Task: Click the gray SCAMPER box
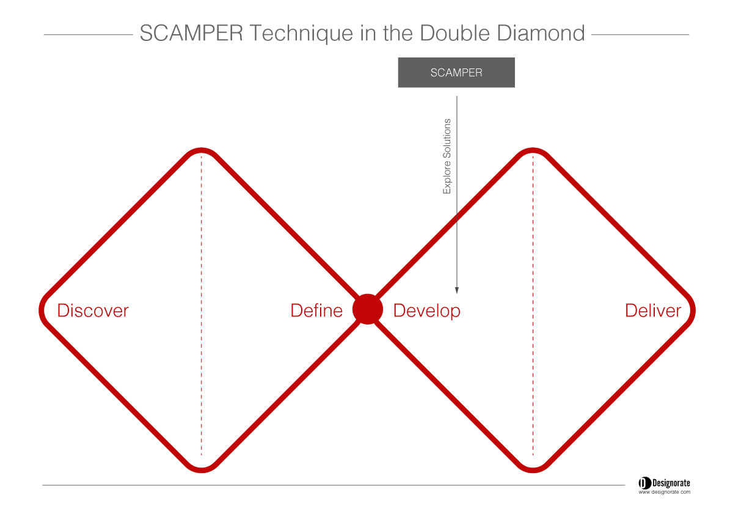(456, 72)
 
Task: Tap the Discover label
(93, 310)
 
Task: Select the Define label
(316, 310)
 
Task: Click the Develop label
(427, 311)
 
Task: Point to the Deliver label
(653, 310)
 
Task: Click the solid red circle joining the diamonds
(368, 309)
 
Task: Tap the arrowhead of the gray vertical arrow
(457, 290)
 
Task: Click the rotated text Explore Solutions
(447, 156)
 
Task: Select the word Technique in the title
(301, 34)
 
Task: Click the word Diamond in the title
(541, 33)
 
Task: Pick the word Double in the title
(454, 33)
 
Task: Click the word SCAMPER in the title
(191, 33)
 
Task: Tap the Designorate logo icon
(644, 483)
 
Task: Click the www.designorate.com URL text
(665, 492)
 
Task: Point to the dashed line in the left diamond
(201, 306)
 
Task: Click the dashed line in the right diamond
(533, 306)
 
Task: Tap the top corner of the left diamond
(201, 150)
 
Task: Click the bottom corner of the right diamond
(533, 471)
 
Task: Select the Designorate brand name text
(671, 483)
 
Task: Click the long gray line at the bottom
(334, 485)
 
